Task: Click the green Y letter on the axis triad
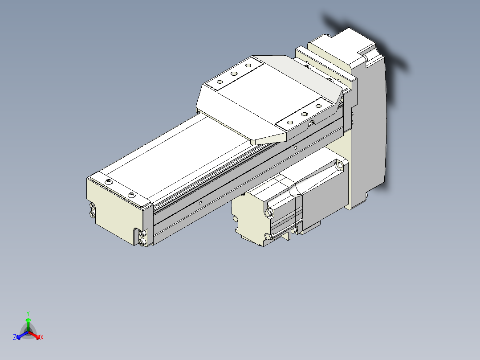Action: tap(28, 313)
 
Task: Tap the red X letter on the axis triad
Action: tap(42, 338)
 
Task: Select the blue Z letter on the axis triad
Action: tap(15, 338)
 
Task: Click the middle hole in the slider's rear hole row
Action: tap(233, 74)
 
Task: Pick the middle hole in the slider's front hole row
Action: tap(305, 114)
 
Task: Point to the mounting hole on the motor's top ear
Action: tap(340, 166)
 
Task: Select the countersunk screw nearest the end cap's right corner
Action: tap(131, 195)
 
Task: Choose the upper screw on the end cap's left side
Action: tap(92, 207)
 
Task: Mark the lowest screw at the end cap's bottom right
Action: tap(142, 242)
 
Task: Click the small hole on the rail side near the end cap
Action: tap(200, 203)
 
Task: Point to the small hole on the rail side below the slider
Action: tap(295, 147)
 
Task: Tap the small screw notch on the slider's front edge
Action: tap(312, 123)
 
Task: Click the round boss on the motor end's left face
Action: tap(235, 219)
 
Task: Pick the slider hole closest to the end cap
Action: tap(220, 82)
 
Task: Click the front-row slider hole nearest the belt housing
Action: tap(319, 106)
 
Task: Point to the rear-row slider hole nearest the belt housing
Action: tap(248, 65)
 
